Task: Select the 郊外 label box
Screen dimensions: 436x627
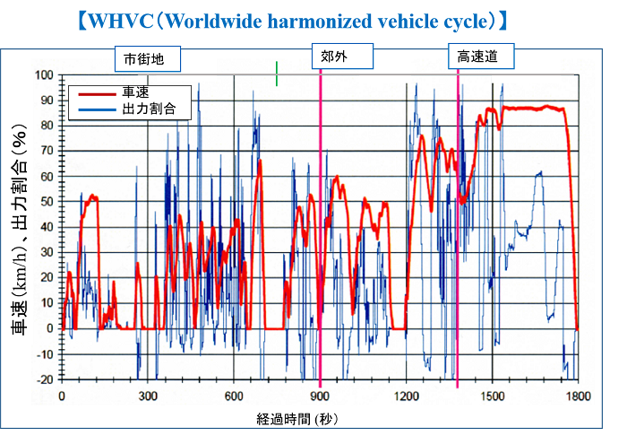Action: [334, 57]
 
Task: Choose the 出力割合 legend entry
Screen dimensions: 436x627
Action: [147, 108]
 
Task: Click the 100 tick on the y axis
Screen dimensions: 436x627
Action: [43, 74]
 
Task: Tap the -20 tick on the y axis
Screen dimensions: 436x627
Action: [43, 379]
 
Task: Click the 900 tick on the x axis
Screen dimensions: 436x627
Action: [320, 395]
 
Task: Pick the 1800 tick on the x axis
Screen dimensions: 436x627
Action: [579, 395]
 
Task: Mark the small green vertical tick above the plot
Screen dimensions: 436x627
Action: [278, 74]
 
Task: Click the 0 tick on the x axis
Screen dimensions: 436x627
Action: [62, 395]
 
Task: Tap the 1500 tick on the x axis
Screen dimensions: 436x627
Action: [493, 395]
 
